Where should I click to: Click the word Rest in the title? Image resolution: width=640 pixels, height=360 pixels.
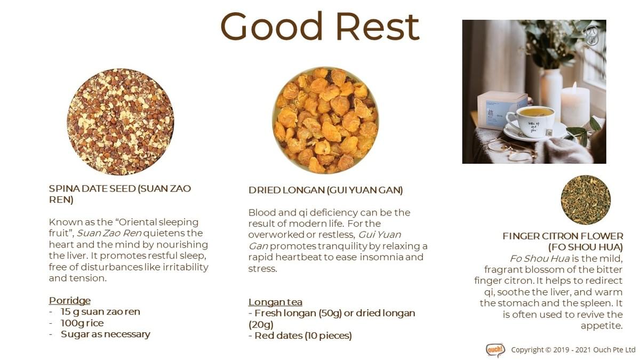point(378,26)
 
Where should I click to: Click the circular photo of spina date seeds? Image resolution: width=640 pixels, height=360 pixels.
point(121,122)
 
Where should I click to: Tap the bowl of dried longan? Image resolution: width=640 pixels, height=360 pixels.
point(325,121)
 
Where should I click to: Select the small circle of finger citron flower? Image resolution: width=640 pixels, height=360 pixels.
point(586,199)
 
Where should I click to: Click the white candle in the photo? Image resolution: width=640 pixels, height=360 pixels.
point(575,106)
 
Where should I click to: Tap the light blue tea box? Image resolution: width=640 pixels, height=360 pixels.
point(501,110)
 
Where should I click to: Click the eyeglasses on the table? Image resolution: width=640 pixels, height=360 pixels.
point(511,150)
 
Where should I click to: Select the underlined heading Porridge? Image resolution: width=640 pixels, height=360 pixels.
point(70,301)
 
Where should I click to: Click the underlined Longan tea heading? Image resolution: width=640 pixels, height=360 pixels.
point(275,302)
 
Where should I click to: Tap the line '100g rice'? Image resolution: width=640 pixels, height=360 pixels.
point(82,323)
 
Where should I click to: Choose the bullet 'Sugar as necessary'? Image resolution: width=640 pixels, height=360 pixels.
point(106,334)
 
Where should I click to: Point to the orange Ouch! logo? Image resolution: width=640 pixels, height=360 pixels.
point(495,350)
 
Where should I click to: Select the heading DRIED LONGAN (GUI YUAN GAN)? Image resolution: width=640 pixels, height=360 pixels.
point(325,190)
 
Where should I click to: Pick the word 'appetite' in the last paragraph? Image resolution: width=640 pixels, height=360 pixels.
point(602,326)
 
